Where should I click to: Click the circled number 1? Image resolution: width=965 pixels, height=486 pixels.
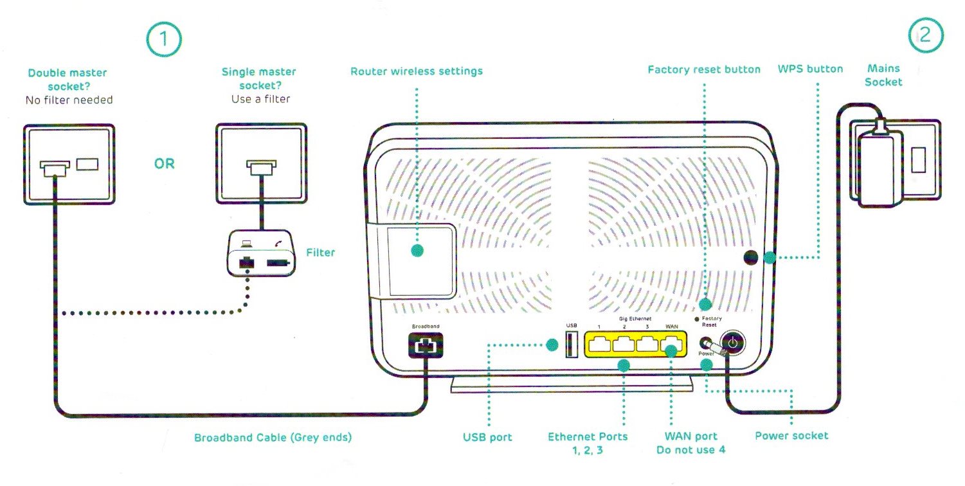(163, 39)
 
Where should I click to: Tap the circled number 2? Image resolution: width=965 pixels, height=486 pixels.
(925, 36)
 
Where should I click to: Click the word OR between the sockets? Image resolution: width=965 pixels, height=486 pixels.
(164, 164)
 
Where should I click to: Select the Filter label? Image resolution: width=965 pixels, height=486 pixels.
(320, 253)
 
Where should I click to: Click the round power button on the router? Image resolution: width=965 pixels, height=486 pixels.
(734, 343)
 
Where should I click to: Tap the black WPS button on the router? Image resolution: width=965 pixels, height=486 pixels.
(750, 257)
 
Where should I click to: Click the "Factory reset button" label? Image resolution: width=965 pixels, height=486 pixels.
(704, 69)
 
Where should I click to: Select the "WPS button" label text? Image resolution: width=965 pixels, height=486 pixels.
(810, 69)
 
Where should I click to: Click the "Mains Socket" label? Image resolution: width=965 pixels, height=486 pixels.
(883, 75)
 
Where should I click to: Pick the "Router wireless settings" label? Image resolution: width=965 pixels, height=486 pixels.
(416, 71)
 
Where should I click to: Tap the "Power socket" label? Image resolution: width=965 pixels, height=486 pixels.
(791, 436)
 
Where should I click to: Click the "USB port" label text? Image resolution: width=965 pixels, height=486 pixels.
(487, 438)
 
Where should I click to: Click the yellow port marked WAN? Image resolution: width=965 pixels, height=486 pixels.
(671, 345)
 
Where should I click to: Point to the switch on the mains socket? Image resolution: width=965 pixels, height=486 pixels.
(917, 161)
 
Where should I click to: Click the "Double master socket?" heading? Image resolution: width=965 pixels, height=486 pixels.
(68, 79)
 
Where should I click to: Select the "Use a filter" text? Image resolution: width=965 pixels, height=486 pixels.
(260, 99)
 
